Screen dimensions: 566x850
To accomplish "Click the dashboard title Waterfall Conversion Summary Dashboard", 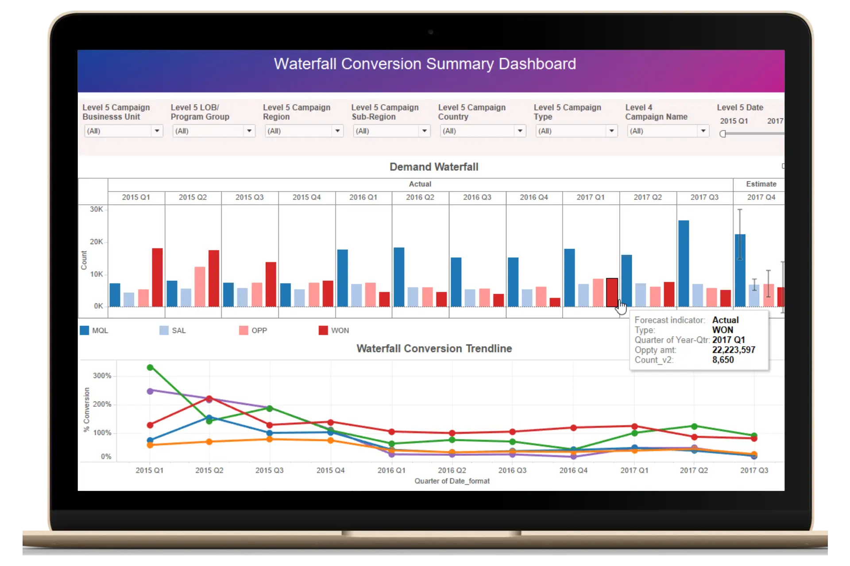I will (425, 64).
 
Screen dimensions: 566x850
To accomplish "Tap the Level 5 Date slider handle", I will (723, 134).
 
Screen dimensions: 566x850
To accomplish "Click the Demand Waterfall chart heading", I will (433, 167).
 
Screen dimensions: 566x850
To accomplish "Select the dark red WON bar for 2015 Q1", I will (157, 277).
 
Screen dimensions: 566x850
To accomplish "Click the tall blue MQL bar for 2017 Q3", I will (684, 263).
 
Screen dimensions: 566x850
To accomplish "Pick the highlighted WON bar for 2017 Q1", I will (611, 292).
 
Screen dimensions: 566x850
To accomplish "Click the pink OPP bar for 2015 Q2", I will (200, 287).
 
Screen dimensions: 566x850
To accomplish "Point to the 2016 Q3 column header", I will (477, 197).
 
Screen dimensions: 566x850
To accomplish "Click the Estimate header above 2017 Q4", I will (761, 184).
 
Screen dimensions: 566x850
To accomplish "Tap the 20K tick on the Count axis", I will (96, 242).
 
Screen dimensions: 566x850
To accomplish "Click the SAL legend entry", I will (178, 330).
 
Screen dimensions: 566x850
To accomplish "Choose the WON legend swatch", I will (323, 330).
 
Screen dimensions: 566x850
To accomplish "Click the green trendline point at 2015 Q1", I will (150, 367).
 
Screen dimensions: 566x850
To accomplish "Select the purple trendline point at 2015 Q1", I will (150, 391).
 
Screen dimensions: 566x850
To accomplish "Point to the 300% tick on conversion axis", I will (102, 376).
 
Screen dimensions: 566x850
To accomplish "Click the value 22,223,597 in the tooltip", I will (734, 350).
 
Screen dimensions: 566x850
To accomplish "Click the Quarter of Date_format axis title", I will (452, 481).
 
